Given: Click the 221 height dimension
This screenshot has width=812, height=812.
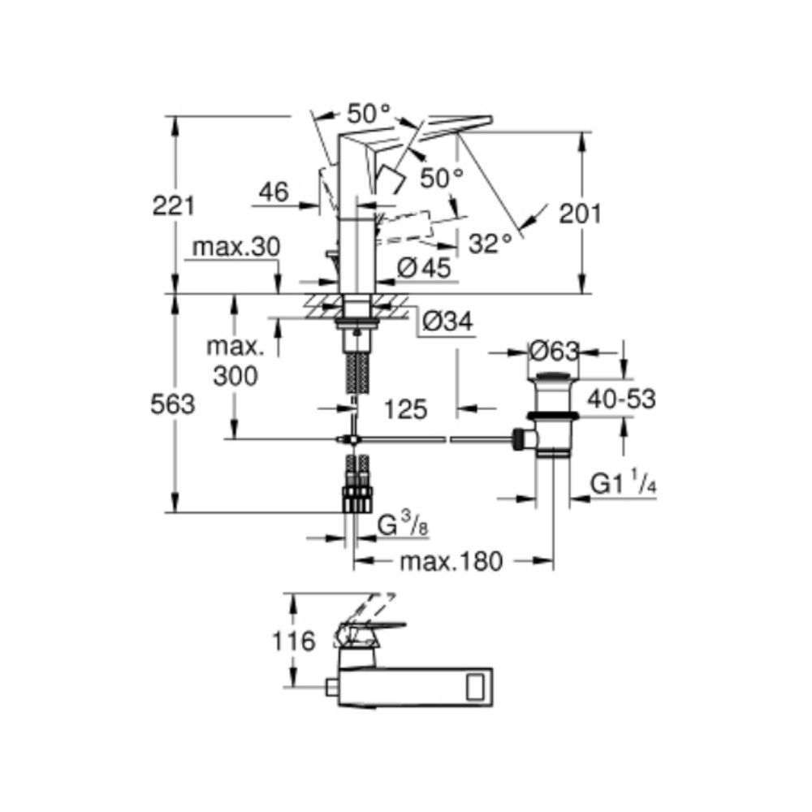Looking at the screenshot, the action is coord(174,206).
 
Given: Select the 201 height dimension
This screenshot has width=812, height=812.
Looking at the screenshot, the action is coord(580,214).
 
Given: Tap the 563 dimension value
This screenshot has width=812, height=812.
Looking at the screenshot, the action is coord(172,404).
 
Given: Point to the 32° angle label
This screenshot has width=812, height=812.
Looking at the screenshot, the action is coord(490,243).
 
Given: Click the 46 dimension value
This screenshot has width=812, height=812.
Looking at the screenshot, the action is coord(274,192).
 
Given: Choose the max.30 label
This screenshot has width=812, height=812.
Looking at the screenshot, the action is coord(236,247).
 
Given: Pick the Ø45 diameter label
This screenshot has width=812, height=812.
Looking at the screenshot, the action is coord(424,268).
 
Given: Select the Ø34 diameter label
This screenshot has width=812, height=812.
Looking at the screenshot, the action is coord(447,322).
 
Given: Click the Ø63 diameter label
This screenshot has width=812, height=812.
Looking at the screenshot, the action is coord(554,352).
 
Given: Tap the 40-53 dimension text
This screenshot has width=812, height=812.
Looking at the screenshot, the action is coord(621,399).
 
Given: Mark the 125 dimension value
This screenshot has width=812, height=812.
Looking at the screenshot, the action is coord(405,409).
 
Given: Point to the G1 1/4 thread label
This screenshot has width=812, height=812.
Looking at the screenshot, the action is coord(624,484).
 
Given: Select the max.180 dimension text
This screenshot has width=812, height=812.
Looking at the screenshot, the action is coord(451,561).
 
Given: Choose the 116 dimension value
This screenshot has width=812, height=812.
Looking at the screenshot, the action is coord(293,641).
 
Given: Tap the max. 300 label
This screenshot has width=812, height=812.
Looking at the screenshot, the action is coord(235,361).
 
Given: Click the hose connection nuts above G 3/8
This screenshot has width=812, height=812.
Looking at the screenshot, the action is coord(357,499).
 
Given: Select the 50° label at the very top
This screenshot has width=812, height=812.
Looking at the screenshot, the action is coord(368,114).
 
